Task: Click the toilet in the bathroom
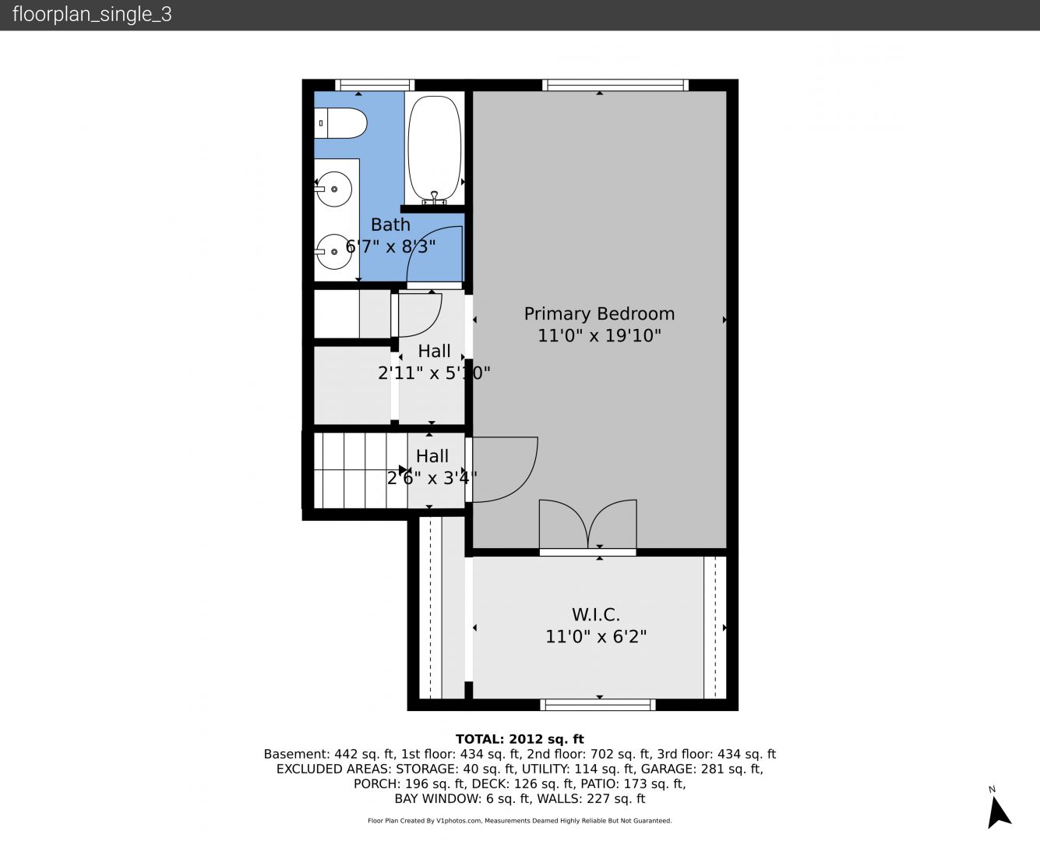(x=340, y=123)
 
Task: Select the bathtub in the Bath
(x=434, y=150)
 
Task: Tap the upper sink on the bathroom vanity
(x=333, y=189)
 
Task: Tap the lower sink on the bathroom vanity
(x=333, y=252)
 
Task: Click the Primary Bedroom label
(x=599, y=313)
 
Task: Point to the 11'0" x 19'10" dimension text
(x=599, y=336)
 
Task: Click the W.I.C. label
(x=596, y=614)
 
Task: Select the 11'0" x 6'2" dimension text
(x=596, y=637)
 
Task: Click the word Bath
(x=390, y=225)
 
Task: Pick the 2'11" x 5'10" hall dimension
(x=434, y=373)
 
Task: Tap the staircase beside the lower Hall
(x=361, y=471)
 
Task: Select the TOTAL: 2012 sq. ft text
(x=520, y=739)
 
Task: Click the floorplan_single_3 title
(x=92, y=15)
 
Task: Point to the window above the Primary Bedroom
(x=615, y=85)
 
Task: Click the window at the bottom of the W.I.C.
(x=598, y=704)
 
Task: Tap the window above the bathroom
(x=375, y=85)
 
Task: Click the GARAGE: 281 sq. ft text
(x=701, y=769)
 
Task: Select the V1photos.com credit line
(x=520, y=820)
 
